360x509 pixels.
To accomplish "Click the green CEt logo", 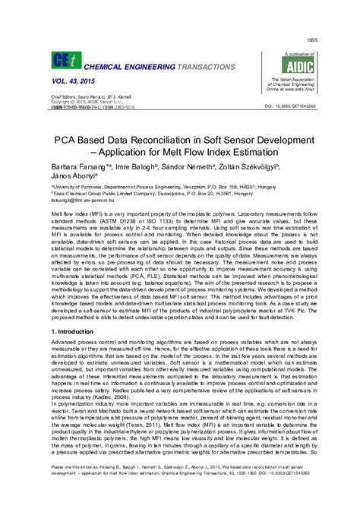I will tap(62, 60).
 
